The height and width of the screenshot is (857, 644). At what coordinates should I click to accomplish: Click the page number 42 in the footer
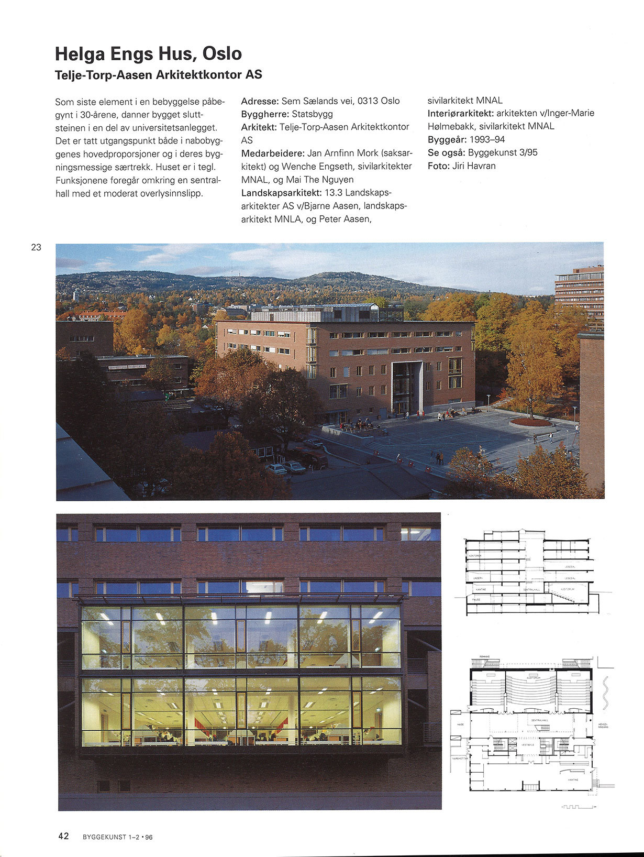pos(63,836)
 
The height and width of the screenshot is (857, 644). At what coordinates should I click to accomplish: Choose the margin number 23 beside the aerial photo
pos(36,247)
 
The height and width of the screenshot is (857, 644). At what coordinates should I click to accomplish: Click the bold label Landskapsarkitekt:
pos(282,193)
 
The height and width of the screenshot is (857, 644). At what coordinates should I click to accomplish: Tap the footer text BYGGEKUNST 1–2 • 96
pos(118,837)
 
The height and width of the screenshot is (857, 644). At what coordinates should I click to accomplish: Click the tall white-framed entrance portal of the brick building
pos(407,387)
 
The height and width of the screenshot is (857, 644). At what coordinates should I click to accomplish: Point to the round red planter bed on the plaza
pos(530,421)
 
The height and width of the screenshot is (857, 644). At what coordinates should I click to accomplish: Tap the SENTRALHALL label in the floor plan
pos(539,721)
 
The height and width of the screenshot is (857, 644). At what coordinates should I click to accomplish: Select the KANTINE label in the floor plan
pos(573,780)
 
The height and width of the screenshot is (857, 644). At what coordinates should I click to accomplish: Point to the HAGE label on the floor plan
pos(461,724)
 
